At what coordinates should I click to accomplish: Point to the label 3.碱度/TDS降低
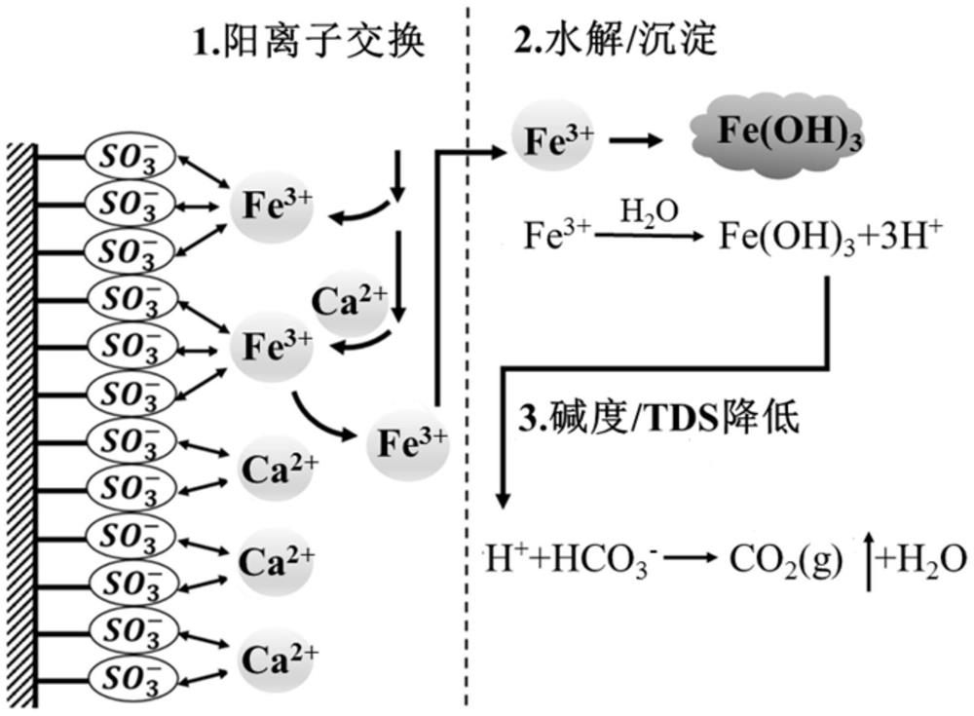point(652,418)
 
